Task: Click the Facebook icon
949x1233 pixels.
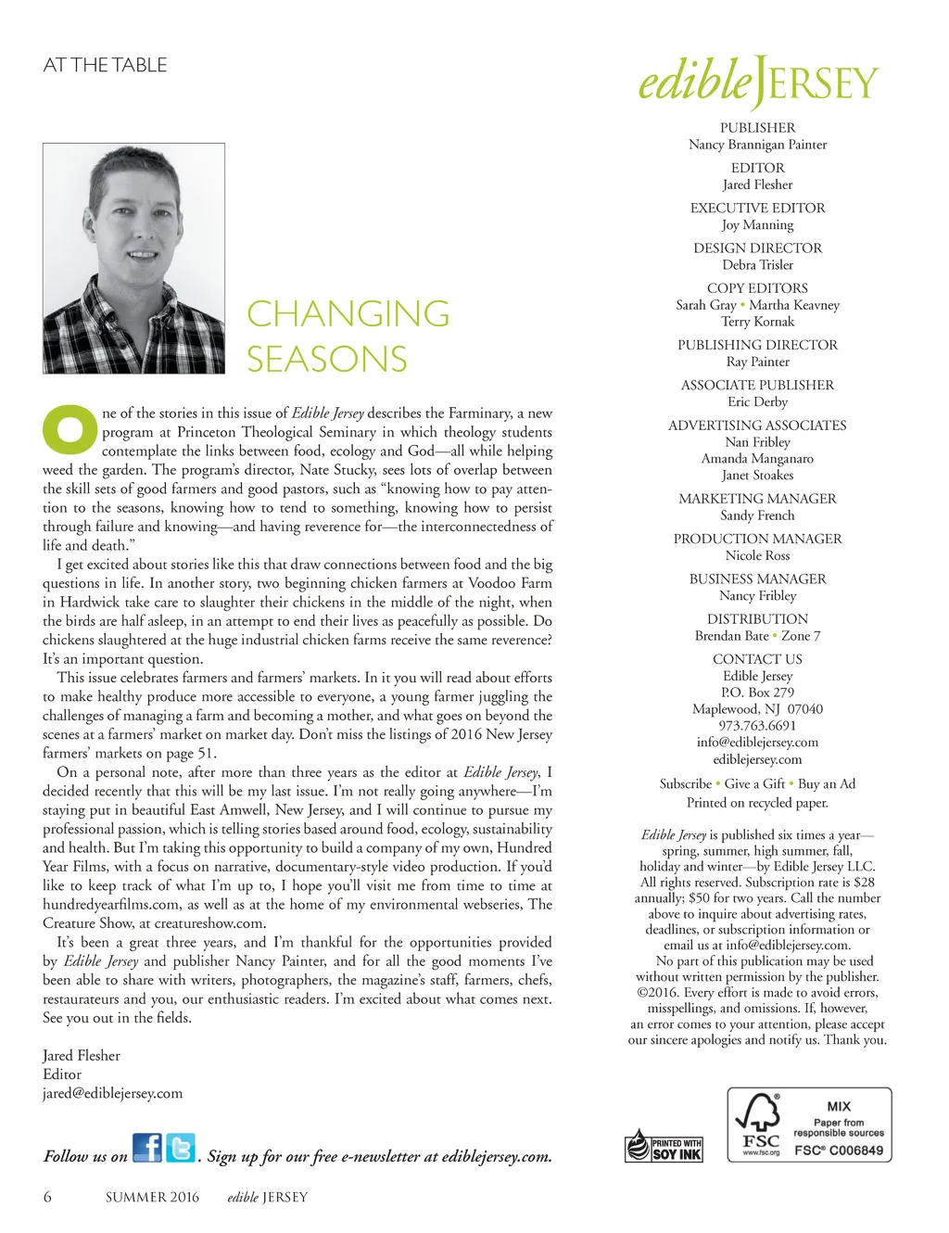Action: click(x=146, y=1148)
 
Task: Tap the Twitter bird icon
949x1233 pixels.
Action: click(x=181, y=1148)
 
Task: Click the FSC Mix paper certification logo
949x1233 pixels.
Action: click(x=809, y=1125)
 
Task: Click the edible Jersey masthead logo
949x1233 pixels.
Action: click(x=757, y=83)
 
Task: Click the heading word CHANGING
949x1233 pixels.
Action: click(x=348, y=313)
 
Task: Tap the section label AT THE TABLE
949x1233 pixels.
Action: click(x=105, y=65)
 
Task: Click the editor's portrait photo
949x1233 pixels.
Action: click(x=133, y=259)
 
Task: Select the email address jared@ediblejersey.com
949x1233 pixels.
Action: click(x=112, y=1093)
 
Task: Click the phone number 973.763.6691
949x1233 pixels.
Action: click(x=757, y=725)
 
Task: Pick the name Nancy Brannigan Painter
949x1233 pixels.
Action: click(x=757, y=145)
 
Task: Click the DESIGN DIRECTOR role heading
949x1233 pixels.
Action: click(x=757, y=248)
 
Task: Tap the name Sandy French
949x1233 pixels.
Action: click(x=757, y=515)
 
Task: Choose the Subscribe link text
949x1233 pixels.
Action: click(x=685, y=783)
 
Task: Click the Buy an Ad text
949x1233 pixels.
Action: click(x=826, y=783)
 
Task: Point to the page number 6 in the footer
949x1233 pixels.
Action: click(x=47, y=1197)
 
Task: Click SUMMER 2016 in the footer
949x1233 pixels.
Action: click(x=152, y=1197)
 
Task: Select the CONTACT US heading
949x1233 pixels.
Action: click(x=757, y=659)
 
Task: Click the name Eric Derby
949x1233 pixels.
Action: click(x=757, y=401)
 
